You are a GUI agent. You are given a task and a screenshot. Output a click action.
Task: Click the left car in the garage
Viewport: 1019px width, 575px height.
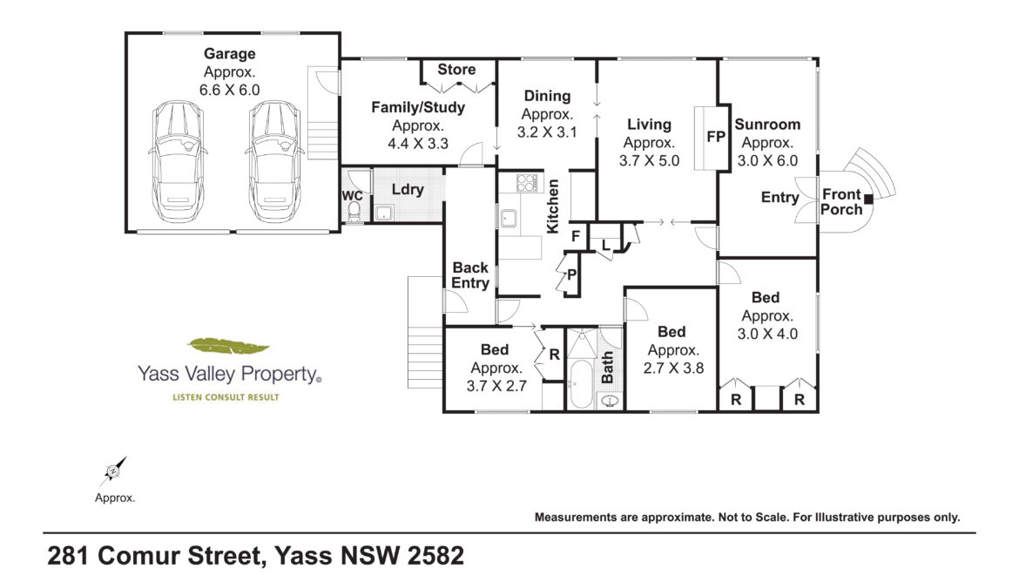(x=178, y=161)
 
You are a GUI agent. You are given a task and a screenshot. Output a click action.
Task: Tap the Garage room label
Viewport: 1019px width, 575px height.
(x=229, y=54)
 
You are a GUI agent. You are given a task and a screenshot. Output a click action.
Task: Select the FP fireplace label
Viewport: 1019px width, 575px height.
(x=716, y=137)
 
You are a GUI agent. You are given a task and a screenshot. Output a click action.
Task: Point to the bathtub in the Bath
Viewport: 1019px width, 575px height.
(x=581, y=383)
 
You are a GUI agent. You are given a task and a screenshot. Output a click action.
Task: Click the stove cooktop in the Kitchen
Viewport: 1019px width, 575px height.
(x=527, y=183)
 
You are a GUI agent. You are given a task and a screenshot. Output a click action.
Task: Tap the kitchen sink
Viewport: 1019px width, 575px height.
(x=509, y=219)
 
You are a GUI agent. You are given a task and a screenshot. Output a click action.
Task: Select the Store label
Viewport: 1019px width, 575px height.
(x=456, y=70)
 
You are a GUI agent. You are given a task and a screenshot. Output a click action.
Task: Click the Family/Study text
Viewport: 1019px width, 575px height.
(x=418, y=107)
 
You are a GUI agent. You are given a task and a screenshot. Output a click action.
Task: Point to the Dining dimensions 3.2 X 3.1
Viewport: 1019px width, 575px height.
(x=547, y=132)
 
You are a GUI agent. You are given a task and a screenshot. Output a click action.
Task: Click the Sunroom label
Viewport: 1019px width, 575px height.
(x=767, y=124)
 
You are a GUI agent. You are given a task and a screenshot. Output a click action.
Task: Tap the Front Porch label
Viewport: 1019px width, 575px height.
(x=841, y=201)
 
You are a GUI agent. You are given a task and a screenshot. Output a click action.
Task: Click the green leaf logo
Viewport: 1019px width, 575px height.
(x=228, y=346)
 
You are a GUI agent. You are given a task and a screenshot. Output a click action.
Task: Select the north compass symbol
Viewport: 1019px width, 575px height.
(x=113, y=471)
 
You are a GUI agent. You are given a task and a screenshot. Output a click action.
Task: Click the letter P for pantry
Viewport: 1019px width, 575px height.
(x=572, y=274)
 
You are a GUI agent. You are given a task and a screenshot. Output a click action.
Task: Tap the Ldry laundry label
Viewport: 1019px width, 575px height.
(x=408, y=190)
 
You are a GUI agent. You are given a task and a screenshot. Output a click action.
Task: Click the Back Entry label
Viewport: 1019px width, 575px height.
(x=470, y=274)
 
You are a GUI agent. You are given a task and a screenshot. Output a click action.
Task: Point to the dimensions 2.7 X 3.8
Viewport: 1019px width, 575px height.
(x=673, y=369)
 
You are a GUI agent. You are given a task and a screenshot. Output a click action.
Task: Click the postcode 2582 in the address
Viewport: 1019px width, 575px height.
(x=435, y=556)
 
